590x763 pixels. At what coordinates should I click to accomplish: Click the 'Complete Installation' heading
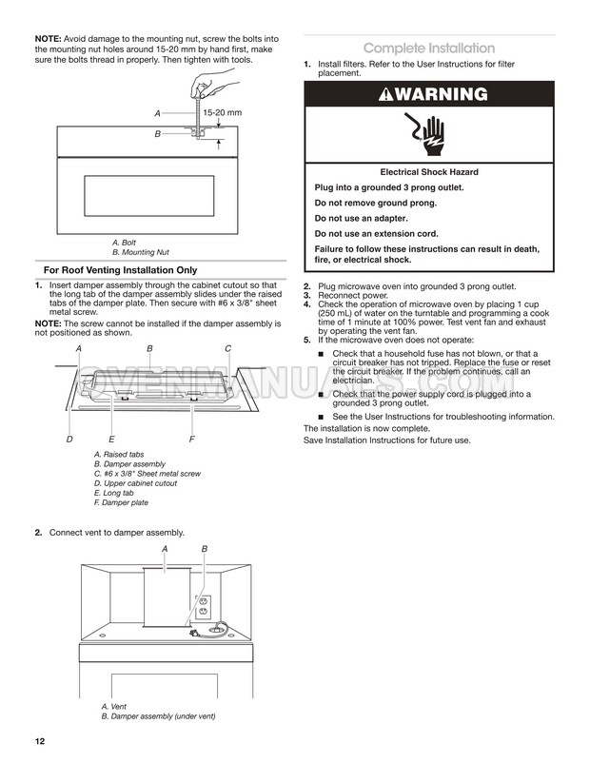pos(428,48)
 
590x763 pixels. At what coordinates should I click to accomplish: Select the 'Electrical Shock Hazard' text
pos(428,172)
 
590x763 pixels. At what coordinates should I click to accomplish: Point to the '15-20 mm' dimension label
pos(223,113)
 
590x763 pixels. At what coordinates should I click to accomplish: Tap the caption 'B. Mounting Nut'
pos(141,252)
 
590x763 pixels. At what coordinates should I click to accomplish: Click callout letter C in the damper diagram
pos(227,349)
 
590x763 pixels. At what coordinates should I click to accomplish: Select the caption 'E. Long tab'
pos(114,493)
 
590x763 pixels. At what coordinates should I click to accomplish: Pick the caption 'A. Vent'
pos(113,706)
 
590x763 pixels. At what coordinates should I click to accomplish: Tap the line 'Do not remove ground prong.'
pos(376,203)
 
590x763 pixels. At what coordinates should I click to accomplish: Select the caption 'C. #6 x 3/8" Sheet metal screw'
pos(147,473)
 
